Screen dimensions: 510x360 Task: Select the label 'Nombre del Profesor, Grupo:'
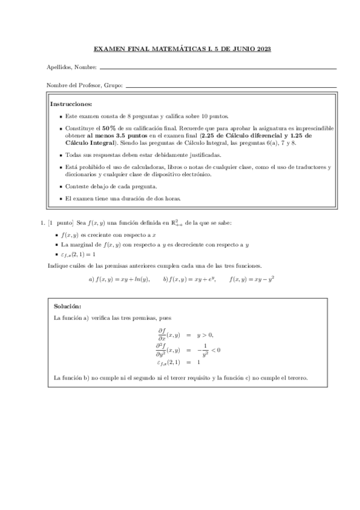[x=84, y=85]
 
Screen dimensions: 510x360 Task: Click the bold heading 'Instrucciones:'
[x=71, y=103]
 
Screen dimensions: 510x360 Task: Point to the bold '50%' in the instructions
[x=109, y=128]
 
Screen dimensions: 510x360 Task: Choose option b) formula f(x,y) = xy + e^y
[x=189, y=278]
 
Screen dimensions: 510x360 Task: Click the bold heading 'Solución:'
[x=67, y=306]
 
